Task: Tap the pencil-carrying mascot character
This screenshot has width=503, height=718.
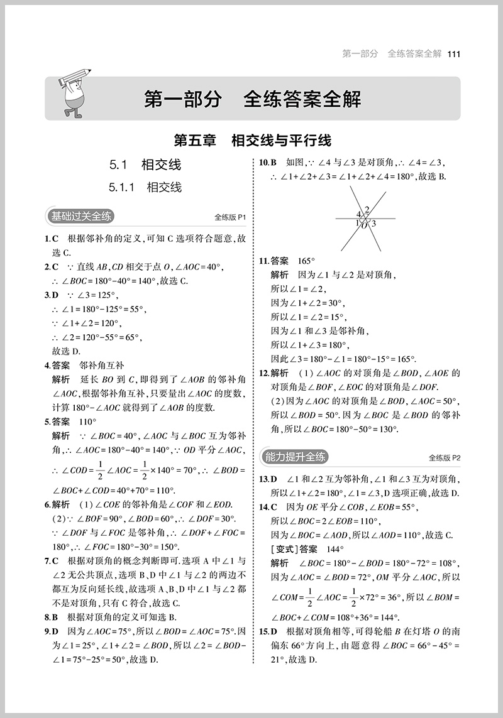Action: click(x=74, y=95)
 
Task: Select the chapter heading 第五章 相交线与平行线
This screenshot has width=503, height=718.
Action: click(x=252, y=139)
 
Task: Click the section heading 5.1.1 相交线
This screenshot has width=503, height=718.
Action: click(x=145, y=187)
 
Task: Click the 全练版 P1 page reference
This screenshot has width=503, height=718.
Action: click(x=228, y=218)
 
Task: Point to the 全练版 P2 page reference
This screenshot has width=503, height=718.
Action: click(x=445, y=458)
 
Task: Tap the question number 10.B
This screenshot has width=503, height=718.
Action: click(x=268, y=162)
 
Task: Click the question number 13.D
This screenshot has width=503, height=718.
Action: click(x=268, y=479)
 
